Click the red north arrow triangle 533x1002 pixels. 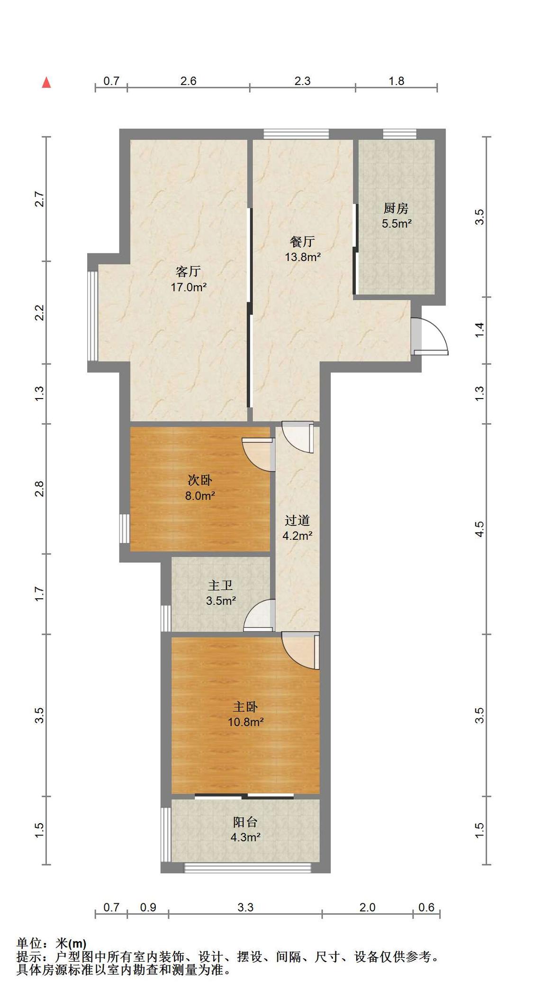[46, 83]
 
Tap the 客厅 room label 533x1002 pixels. [188, 271]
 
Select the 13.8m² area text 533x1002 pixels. [302, 257]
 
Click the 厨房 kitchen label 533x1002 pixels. [396, 208]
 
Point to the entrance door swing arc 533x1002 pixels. [439, 329]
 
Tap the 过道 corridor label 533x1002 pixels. [297, 520]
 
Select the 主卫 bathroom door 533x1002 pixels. [260, 615]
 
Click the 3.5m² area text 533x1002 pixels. [221, 601]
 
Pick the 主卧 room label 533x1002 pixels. [245, 707]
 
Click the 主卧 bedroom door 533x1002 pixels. [300, 650]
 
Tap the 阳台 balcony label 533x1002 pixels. [245, 822]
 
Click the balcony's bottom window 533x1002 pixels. [247, 868]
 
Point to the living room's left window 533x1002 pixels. [93, 316]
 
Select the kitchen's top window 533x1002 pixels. [400, 134]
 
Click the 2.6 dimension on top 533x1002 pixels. [188, 81]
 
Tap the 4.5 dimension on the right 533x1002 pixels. [479, 529]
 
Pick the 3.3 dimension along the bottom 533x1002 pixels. [245, 908]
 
